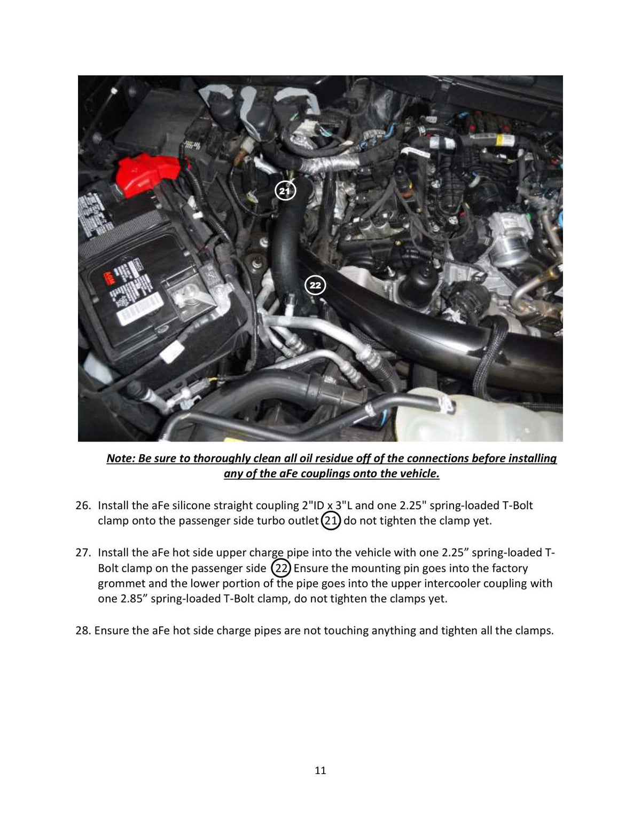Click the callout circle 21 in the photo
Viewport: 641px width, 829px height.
(x=285, y=191)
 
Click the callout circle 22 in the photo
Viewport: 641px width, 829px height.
(x=315, y=285)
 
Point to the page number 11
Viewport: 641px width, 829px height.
(x=320, y=770)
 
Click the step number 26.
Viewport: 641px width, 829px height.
(x=83, y=506)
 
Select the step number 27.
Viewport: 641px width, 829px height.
(x=83, y=553)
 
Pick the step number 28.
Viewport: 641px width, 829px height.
(x=83, y=630)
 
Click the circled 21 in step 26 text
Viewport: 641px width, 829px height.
(x=331, y=521)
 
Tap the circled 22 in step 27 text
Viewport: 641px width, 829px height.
(x=281, y=569)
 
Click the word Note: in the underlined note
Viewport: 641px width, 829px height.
(x=121, y=458)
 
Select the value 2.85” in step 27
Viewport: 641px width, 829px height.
(x=134, y=599)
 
